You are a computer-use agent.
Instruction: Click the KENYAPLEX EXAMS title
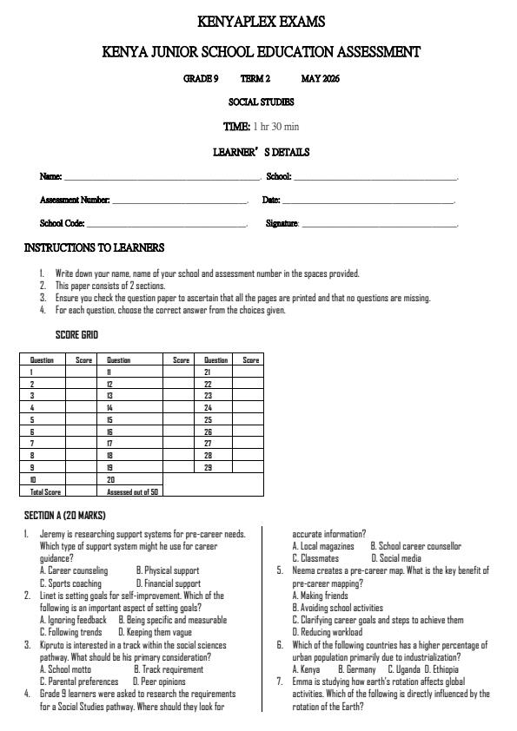pos(261,21)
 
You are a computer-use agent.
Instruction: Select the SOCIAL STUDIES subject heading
pos(260,102)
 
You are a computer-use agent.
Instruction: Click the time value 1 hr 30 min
pos(275,127)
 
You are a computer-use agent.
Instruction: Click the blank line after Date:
pos(368,201)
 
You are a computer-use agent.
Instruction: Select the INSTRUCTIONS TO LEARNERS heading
pos(94,248)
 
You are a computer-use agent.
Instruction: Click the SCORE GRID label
pos(76,335)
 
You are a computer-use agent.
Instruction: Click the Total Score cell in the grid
pos(43,491)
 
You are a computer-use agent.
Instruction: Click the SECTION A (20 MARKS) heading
pos(64,516)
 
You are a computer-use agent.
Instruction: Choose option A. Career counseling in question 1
pos(74,571)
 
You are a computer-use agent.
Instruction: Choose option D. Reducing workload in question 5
pos(335,633)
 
